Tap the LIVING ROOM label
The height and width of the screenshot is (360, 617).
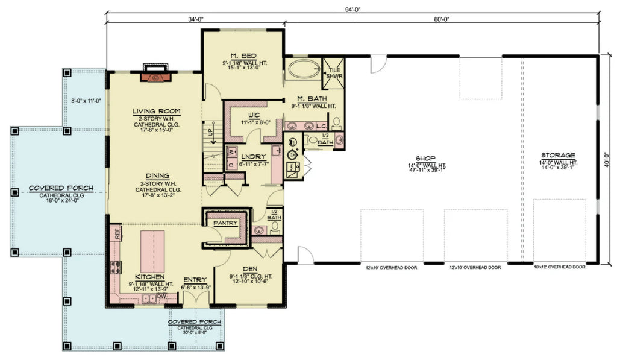coord(154,112)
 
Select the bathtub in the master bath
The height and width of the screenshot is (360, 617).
coord(304,68)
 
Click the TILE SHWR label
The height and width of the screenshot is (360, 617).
coord(333,73)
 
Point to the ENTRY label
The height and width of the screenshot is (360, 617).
coord(195,280)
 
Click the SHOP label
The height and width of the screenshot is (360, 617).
coord(430,158)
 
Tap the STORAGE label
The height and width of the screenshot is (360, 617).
coord(558,155)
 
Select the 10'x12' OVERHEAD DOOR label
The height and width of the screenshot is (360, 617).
coord(560,267)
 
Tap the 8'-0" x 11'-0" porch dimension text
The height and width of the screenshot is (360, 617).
coord(85,101)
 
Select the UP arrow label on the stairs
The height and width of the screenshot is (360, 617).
coord(211,131)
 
